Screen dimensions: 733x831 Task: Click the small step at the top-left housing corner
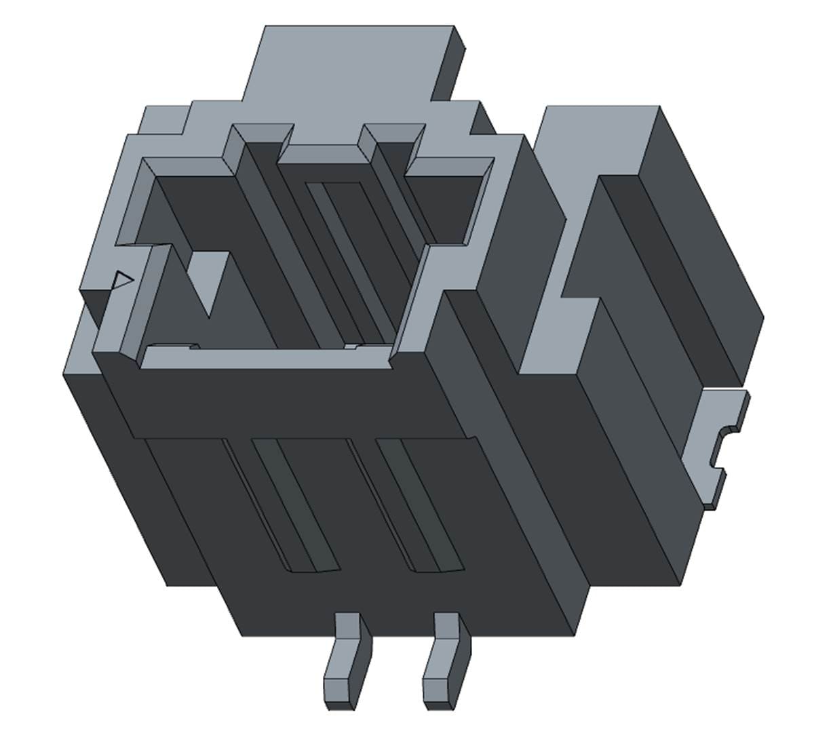(163, 119)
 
